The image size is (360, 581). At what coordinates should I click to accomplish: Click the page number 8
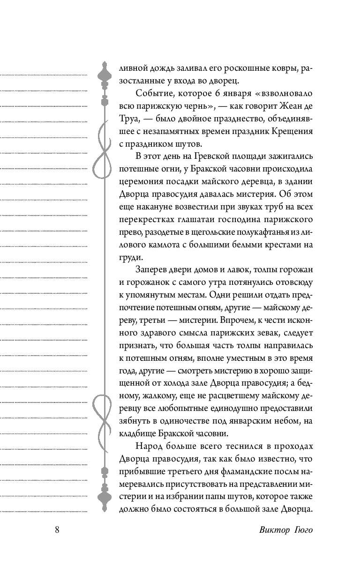(57, 530)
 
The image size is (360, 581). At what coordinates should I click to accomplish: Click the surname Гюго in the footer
(302, 530)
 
